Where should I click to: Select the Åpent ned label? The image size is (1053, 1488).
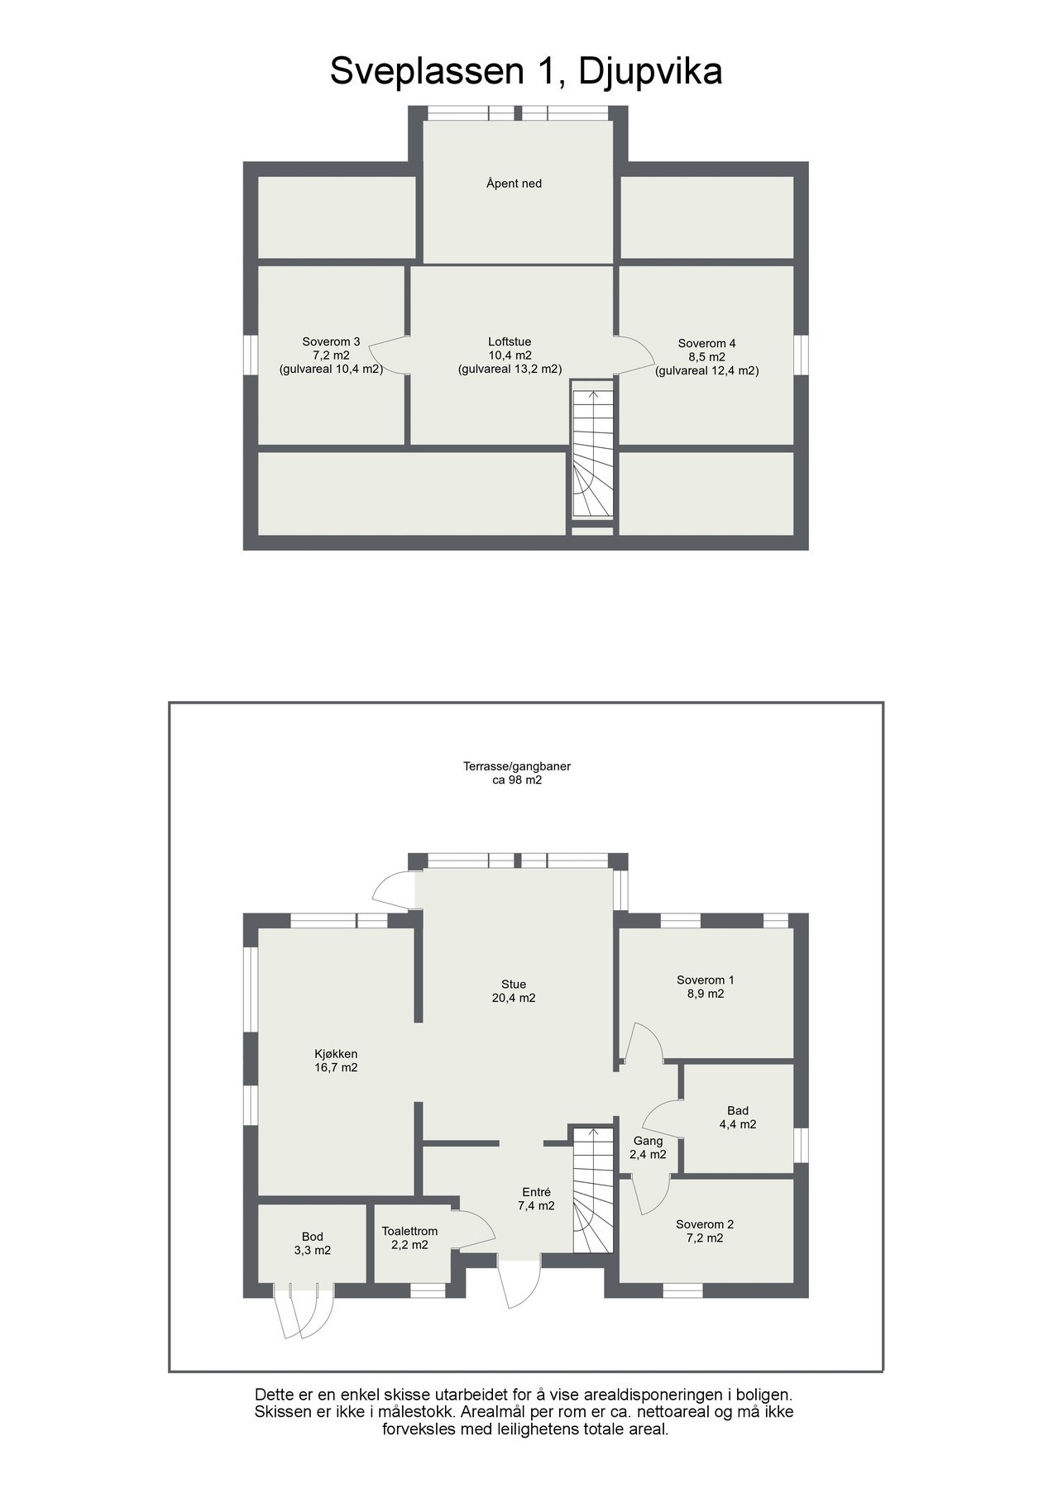point(514,184)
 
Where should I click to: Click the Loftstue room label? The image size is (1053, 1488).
point(510,341)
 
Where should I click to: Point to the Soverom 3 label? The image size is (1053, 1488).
point(331,341)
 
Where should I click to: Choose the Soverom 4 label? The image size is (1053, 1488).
point(706,343)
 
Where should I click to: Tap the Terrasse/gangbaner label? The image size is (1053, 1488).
point(516,766)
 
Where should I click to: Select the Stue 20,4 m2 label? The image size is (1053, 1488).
point(514,991)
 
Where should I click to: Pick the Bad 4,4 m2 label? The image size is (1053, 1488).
point(737,1118)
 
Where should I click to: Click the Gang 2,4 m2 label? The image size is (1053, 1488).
point(649,1147)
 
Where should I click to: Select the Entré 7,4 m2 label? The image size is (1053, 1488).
point(536,1199)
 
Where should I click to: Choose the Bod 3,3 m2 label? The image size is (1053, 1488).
point(312,1243)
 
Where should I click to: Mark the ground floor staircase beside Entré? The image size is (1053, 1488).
point(592,1191)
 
